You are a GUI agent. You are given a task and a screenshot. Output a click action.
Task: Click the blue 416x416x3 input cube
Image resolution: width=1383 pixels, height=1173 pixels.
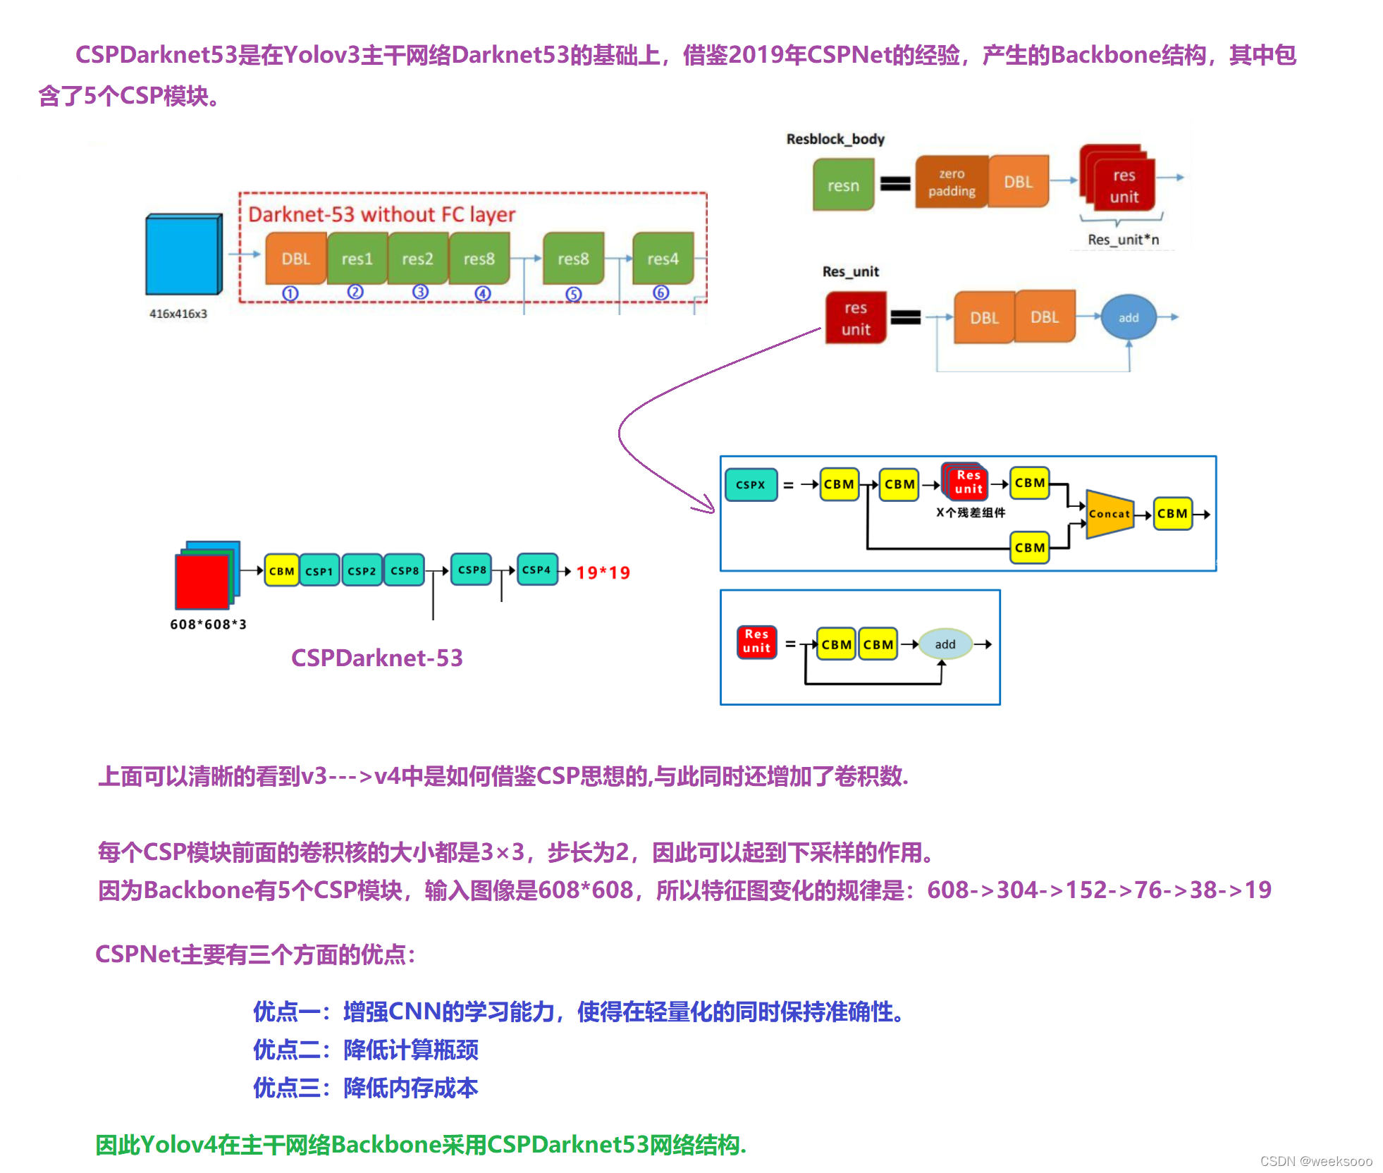pos(183,254)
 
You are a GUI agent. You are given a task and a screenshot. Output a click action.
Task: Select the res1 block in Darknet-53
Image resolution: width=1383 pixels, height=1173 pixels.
pos(357,259)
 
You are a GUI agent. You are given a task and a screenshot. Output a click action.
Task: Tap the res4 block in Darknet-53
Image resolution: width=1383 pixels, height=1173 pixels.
pos(663,259)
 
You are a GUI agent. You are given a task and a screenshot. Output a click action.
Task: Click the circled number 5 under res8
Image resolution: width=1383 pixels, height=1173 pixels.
pos(574,294)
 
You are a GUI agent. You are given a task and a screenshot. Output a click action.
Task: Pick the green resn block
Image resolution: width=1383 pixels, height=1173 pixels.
pos(843,185)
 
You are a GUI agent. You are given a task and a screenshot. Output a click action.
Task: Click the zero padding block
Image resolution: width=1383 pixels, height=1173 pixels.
pos(952,183)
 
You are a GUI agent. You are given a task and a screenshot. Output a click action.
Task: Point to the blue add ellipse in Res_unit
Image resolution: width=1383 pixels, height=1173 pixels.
pos(1129,318)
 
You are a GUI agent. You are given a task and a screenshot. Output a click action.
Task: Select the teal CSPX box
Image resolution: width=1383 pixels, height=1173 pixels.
pos(751,485)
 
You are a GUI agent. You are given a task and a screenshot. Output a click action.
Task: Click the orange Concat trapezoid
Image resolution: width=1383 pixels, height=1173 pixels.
pos(1110,514)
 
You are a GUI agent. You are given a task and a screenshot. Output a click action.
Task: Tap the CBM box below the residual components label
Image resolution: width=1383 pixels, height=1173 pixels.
pos(1030,548)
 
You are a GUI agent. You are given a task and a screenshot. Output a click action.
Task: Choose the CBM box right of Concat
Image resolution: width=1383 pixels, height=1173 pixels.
pos(1172,514)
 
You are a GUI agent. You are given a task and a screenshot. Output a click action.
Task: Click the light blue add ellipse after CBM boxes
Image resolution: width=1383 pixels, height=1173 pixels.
pos(945,644)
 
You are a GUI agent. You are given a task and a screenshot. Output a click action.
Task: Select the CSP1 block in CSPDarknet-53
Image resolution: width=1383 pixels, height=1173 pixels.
pos(319,571)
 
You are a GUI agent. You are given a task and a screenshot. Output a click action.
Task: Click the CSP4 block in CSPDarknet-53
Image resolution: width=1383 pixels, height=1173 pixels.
pos(536,570)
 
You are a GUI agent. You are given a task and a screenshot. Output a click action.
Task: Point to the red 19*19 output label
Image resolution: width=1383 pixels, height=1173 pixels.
pos(603,572)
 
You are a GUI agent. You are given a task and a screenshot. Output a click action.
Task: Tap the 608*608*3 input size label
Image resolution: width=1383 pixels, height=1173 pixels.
pos(208,625)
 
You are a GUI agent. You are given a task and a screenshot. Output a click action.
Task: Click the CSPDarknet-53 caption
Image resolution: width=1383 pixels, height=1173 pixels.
pos(377,658)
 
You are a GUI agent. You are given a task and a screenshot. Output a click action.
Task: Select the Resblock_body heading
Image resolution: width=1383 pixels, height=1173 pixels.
pos(835,139)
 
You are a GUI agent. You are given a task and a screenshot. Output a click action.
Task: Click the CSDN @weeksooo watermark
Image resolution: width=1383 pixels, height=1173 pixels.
pos(1316,1161)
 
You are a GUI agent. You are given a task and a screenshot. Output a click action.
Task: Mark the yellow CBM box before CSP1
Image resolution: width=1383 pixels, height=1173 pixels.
pos(281,571)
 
